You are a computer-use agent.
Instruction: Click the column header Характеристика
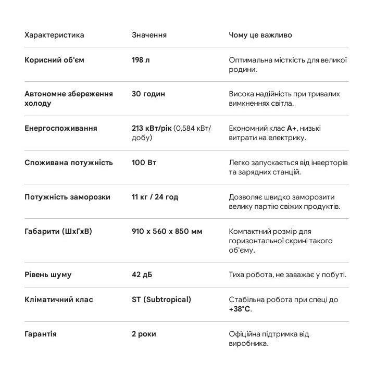(54, 35)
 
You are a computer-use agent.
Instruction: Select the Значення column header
(149, 35)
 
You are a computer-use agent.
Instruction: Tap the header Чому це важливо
(260, 35)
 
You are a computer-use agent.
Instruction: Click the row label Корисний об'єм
(54, 60)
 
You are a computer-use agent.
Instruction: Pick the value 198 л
(141, 60)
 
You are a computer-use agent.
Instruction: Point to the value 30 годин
(148, 94)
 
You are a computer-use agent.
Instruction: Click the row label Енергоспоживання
(60, 129)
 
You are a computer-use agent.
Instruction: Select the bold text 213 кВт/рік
(151, 129)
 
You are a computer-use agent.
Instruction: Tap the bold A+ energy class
(292, 129)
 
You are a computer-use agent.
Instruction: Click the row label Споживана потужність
(68, 163)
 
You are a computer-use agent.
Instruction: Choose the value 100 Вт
(144, 163)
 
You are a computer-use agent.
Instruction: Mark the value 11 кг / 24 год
(155, 197)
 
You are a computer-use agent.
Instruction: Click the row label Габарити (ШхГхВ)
(58, 232)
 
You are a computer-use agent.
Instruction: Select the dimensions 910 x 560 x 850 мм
(167, 232)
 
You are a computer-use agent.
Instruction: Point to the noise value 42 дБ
(142, 275)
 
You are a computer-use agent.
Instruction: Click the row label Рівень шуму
(48, 275)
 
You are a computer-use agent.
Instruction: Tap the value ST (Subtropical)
(161, 300)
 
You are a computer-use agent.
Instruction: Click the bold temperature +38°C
(240, 309)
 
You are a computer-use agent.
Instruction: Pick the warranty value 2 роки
(144, 334)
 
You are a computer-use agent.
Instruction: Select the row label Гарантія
(41, 334)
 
